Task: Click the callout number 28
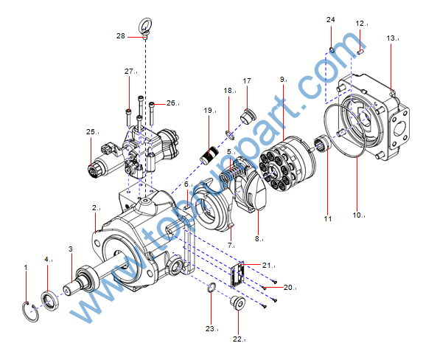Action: click(x=121, y=36)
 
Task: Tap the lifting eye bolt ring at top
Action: click(x=145, y=25)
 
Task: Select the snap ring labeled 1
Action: click(x=31, y=312)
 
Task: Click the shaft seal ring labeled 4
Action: click(x=50, y=301)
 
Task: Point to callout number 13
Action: click(x=391, y=38)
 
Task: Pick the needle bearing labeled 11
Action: click(x=323, y=142)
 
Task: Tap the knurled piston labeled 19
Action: click(x=209, y=155)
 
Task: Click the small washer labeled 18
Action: click(x=230, y=135)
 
